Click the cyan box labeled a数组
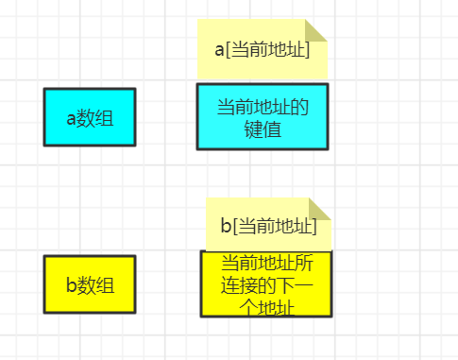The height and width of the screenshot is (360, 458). pyautogui.click(x=90, y=117)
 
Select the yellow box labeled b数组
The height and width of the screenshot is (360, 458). pyautogui.click(x=90, y=283)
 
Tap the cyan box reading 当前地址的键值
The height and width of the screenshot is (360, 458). pyautogui.click(x=263, y=117)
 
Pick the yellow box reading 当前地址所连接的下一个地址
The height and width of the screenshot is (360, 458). pyautogui.click(x=265, y=283)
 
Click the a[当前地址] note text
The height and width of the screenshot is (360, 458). pyautogui.click(x=263, y=50)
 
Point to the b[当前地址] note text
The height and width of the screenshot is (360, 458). pyautogui.click(x=268, y=226)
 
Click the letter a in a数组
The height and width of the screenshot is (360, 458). pyautogui.click(x=72, y=118)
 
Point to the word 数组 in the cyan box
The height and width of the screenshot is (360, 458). pyautogui.click(x=95, y=118)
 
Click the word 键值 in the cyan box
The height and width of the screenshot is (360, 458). pyautogui.click(x=263, y=129)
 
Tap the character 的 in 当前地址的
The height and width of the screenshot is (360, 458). pyautogui.click(x=299, y=107)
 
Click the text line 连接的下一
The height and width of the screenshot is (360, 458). pyautogui.click(x=265, y=284)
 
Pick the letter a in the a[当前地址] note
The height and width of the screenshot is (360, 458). pyautogui.click(x=219, y=50)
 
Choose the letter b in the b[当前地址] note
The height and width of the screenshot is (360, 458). pyautogui.click(x=226, y=226)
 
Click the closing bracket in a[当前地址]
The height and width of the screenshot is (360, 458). pyautogui.click(x=307, y=50)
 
